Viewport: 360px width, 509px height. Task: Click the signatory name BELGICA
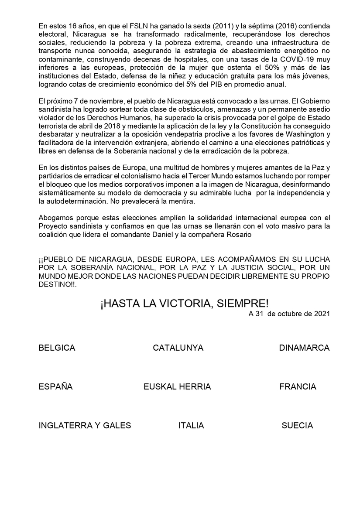click(x=57, y=348)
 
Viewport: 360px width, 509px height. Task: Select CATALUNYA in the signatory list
click(x=178, y=348)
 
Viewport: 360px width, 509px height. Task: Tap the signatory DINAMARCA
click(x=304, y=348)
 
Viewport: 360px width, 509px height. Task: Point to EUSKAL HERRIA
click(x=177, y=387)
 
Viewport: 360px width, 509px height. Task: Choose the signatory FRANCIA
click(x=298, y=387)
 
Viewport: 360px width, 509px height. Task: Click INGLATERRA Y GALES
click(x=85, y=426)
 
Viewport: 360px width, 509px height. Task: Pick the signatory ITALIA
click(x=191, y=426)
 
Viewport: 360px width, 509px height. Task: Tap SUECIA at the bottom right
click(x=297, y=426)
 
